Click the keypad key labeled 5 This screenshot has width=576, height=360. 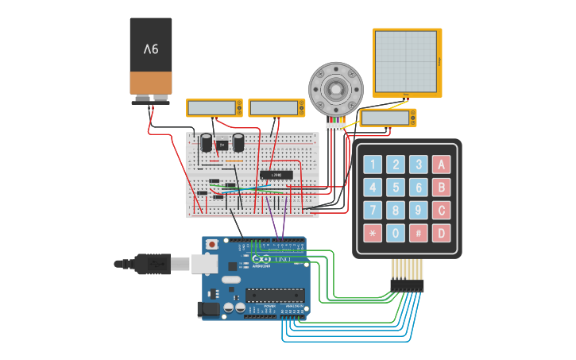396,188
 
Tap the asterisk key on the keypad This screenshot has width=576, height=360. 373,234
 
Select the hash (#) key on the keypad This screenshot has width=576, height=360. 419,234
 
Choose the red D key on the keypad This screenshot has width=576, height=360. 441,234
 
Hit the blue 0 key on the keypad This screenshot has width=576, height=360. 396,234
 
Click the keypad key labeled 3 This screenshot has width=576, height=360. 419,165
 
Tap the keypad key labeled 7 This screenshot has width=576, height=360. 373,211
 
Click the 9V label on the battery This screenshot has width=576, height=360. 151,49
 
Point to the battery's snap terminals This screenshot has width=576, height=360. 151,99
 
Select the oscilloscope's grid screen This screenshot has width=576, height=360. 405,62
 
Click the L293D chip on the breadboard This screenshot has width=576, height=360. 276,174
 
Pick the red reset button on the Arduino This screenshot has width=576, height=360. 211,243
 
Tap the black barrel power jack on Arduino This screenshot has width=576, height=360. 210,308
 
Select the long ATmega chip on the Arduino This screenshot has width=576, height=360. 274,296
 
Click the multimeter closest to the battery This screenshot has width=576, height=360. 215,108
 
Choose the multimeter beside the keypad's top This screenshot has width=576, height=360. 388,118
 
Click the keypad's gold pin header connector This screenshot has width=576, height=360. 406,285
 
